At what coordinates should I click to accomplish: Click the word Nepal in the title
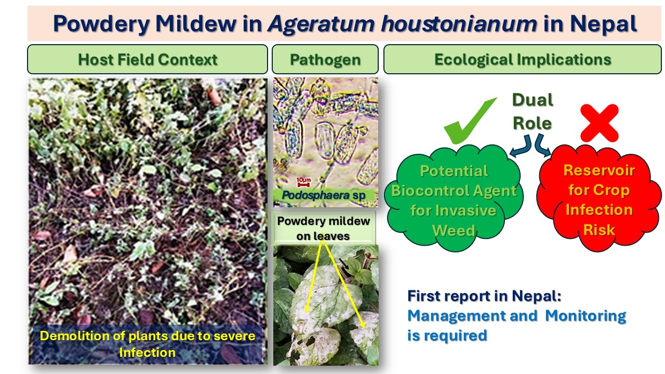[603, 24]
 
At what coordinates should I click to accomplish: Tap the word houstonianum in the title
[459, 24]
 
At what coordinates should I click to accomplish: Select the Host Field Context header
[148, 59]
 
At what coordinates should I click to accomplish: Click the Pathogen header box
[325, 59]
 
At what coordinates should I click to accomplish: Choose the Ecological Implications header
[523, 59]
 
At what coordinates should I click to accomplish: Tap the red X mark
[600, 123]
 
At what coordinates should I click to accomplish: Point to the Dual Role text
[533, 111]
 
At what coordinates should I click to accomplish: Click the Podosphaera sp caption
[324, 195]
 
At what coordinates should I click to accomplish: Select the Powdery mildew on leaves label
[323, 228]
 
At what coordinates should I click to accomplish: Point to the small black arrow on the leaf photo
[344, 264]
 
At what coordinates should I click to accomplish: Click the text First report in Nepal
[484, 296]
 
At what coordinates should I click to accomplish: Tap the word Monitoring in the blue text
[586, 316]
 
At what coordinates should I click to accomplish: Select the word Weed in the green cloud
[454, 231]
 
